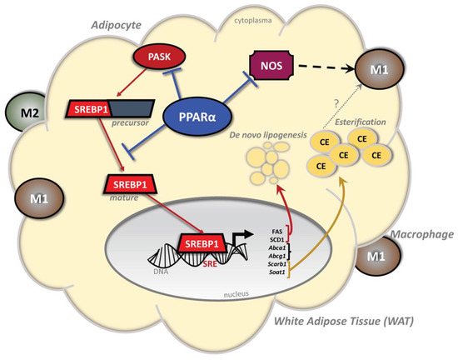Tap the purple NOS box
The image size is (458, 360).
(x=271, y=62)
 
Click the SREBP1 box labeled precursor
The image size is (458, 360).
(x=91, y=108)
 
